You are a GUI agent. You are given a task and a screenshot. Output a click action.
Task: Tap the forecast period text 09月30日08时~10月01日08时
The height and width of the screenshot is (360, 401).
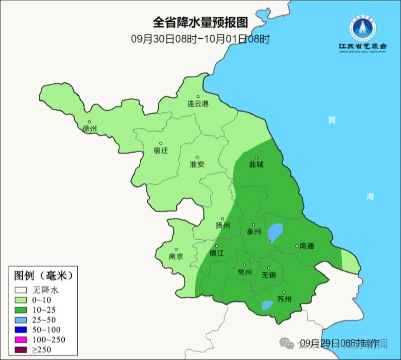click(200, 39)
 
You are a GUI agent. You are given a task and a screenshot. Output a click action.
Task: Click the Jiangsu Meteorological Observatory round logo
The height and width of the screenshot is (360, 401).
click(362, 28)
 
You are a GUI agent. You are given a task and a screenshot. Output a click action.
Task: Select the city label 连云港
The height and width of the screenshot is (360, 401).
click(198, 104)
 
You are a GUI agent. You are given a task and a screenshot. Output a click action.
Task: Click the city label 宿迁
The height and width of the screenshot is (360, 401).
click(161, 150)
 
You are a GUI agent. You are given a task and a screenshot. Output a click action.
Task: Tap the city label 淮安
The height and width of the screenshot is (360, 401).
click(197, 164)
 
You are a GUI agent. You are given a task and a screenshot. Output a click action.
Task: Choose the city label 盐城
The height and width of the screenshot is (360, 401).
click(256, 164)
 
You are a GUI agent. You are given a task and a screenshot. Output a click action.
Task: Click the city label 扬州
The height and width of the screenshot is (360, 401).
click(223, 226)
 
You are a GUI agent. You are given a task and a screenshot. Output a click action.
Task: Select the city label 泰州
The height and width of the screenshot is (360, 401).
click(254, 232)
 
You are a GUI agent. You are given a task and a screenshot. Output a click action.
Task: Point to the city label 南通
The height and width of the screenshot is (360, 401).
click(307, 246)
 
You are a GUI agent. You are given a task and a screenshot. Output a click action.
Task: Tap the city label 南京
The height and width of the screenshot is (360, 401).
click(176, 256)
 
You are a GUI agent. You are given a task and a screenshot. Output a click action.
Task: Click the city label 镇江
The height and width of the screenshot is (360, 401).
click(217, 253)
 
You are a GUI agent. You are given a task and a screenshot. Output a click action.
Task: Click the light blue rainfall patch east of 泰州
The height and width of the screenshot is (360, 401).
click(275, 232)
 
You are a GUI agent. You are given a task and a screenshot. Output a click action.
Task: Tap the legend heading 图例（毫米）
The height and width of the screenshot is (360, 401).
click(42, 276)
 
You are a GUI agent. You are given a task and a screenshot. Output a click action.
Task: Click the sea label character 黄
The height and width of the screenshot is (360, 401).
click(332, 120)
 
